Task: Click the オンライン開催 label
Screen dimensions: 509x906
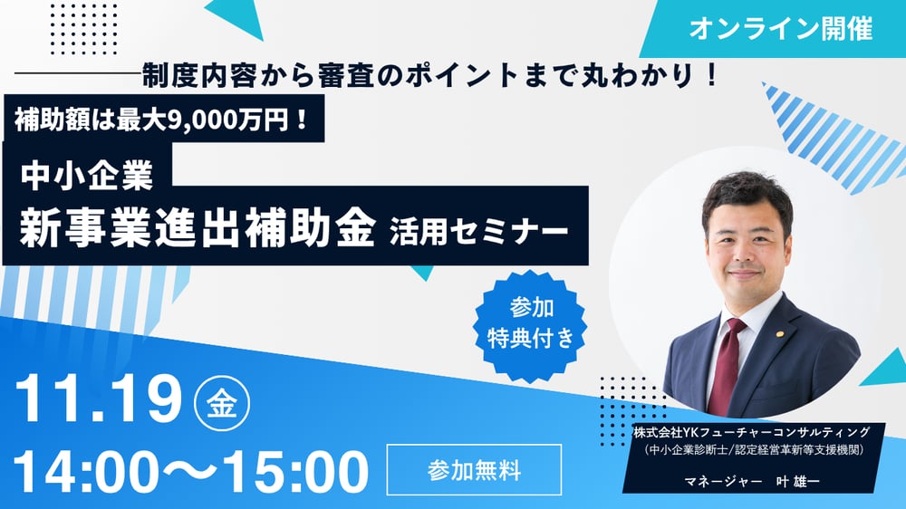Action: click(x=780, y=29)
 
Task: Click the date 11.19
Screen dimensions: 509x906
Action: click(x=101, y=399)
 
